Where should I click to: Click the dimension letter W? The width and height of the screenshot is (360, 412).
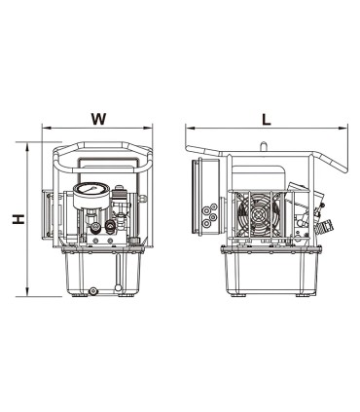pos(97,119)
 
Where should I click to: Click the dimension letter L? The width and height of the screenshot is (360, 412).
pos(266,118)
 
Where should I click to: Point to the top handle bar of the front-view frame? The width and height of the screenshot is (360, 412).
pos(102,151)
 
